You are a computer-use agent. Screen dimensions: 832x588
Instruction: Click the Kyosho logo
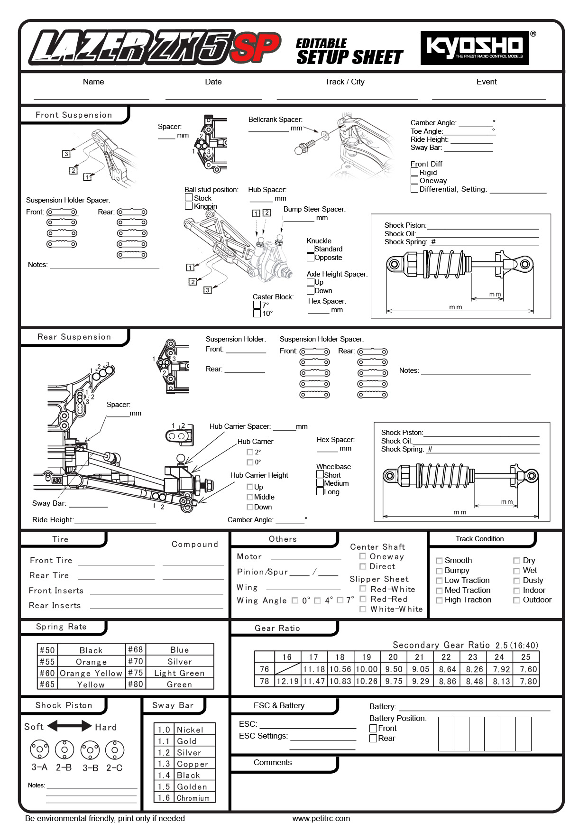[475, 47]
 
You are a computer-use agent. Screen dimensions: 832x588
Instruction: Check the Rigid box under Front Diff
[414, 172]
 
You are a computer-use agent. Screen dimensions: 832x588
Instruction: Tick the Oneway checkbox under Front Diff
[414, 180]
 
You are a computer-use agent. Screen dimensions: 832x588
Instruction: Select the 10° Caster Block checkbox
[257, 313]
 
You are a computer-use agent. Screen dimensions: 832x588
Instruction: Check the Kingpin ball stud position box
[189, 206]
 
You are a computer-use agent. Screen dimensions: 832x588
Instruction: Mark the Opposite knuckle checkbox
[311, 257]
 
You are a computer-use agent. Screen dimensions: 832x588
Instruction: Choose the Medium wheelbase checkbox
[320, 483]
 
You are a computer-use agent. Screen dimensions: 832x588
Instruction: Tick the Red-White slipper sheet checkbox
[363, 589]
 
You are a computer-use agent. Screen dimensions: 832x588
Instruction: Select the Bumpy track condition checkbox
[439, 571]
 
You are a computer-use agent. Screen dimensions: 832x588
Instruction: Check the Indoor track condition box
[517, 591]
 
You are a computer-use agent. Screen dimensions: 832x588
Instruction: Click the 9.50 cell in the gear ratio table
[394, 669]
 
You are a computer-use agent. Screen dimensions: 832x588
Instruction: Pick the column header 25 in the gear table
[526, 657]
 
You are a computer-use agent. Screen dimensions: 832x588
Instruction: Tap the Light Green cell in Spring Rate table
[179, 673]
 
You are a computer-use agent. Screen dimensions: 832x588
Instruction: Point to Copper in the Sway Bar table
[192, 764]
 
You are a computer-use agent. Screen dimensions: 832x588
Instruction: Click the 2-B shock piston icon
[64, 749]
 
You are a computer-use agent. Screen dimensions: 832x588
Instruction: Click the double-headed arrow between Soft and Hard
[70, 726]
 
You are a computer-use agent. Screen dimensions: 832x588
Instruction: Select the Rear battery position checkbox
[373, 738]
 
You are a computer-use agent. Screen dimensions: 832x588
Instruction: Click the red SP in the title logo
[256, 47]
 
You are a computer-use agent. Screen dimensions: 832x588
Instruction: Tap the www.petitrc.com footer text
[321, 818]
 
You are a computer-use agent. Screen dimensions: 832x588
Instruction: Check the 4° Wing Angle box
[318, 601]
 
